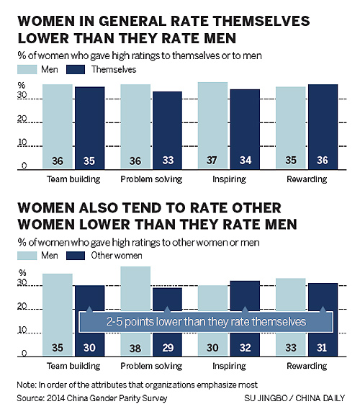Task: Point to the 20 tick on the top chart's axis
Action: coord(23,119)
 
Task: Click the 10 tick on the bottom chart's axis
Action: coord(23,330)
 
